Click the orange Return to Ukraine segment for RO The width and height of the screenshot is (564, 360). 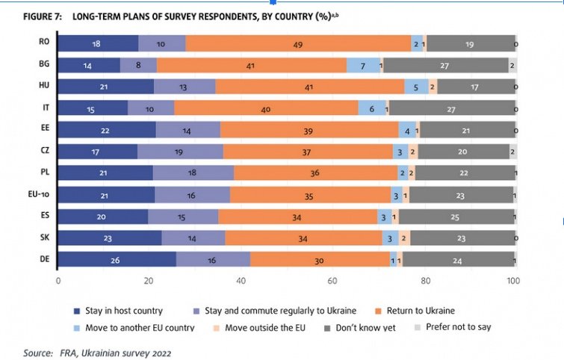(x=297, y=45)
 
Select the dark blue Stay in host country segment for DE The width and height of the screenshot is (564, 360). (x=117, y=259)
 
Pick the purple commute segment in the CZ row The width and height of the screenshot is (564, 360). (x=180, y=152)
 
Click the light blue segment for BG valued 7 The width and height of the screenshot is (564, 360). (x=363, y=66)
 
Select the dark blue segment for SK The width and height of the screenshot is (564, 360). (x=110, y=238)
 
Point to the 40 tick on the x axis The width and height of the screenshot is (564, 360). (x=241, y=282)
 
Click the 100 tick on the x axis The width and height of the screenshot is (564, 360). (x=513, y=282)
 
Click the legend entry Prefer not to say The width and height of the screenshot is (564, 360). (x=464, y=326)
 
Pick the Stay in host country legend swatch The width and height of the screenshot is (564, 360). (x=76, y=309)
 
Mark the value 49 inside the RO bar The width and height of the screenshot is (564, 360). (x=297, y=45)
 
